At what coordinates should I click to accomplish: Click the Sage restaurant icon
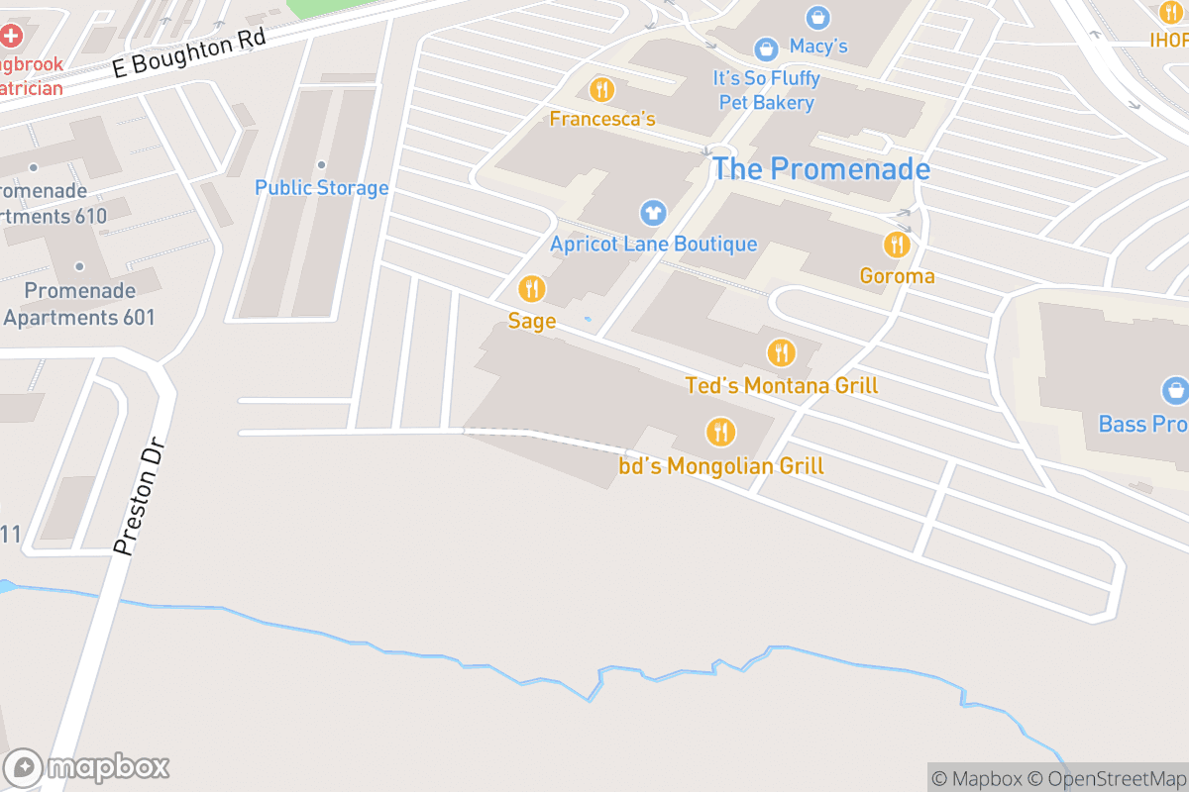click(x=532, y=289)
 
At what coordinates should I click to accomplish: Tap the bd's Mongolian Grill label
click(x=721, y=466)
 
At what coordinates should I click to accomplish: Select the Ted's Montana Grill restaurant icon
click(x=781, y=352)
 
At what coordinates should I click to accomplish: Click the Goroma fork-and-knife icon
click(x=897, y=245)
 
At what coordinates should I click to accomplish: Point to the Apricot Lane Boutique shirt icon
click(x=653, y=212)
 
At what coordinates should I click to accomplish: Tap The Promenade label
click(x=821, y=169)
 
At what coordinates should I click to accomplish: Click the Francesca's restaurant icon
click(x=601, y=90)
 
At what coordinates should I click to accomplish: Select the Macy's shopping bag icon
click(x=765, y=48)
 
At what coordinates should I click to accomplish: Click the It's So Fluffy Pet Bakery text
click(x=766, y=90)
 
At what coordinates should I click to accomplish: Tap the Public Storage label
click(x=321, y=188)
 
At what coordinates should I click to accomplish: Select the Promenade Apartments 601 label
click(x=79, y=304)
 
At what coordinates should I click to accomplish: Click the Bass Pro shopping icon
click(x=1175, y=390)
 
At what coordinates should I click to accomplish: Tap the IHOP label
click(x=1169, y=40)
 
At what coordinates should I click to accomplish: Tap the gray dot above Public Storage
click(x=321, y=165)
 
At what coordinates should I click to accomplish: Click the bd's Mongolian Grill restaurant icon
click(x=719, y=432)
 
